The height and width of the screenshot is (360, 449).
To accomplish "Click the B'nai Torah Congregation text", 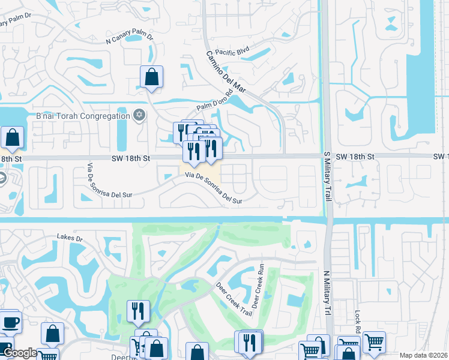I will (83, 116).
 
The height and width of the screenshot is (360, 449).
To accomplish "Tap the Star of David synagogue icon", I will (139, 115).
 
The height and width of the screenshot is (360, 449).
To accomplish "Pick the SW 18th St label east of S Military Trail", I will (355, 156).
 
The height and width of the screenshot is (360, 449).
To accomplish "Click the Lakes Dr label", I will (70, 238).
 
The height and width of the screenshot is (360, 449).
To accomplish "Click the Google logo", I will (19, 353).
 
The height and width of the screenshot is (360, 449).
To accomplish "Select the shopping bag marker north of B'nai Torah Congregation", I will (151, 77).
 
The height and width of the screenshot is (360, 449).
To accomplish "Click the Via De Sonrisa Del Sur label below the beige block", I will (213, 188).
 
